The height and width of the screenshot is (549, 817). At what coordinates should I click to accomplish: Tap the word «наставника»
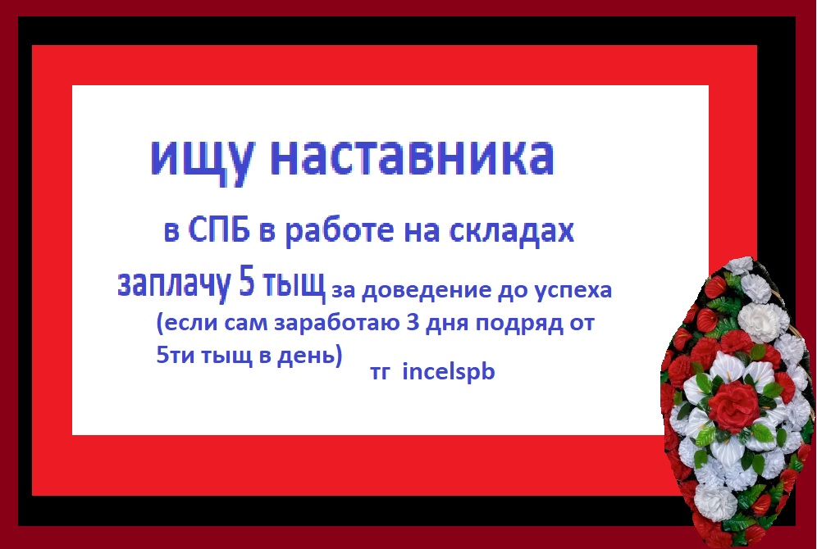click(x=413, y=157)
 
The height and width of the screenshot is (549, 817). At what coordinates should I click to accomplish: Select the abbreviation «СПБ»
click(x=219, y=229)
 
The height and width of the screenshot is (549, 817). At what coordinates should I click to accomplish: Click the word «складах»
click(x=512, y=230)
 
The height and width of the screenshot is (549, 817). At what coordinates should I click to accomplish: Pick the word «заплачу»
click(x=174, y=284)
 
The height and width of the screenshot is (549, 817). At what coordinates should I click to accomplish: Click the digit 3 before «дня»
click(x=413, y=322)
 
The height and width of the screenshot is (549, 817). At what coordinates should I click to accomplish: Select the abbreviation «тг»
click(x=379, y=373)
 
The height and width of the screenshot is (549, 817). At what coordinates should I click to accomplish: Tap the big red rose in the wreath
click(x=733, y=405)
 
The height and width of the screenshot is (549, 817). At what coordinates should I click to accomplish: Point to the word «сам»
click(x=248, y=324)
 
